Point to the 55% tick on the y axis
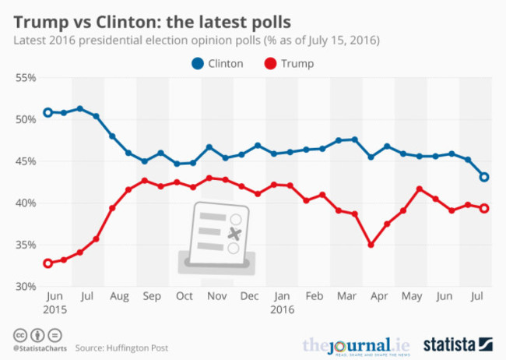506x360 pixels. (x=25, y=78)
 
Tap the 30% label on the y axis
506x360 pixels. (x=25, y=286)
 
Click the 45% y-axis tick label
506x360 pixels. (x=25, y=161)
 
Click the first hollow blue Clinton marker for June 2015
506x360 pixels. (x=47, y=112)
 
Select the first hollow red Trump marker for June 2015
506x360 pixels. (x=47, y=263)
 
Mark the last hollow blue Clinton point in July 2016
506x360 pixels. (x=483, y=177)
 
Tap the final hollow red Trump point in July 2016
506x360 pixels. (x=483, y=208)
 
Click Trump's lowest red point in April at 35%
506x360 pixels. (x=371, y=245)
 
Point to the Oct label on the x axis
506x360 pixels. (x=184, y=297)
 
